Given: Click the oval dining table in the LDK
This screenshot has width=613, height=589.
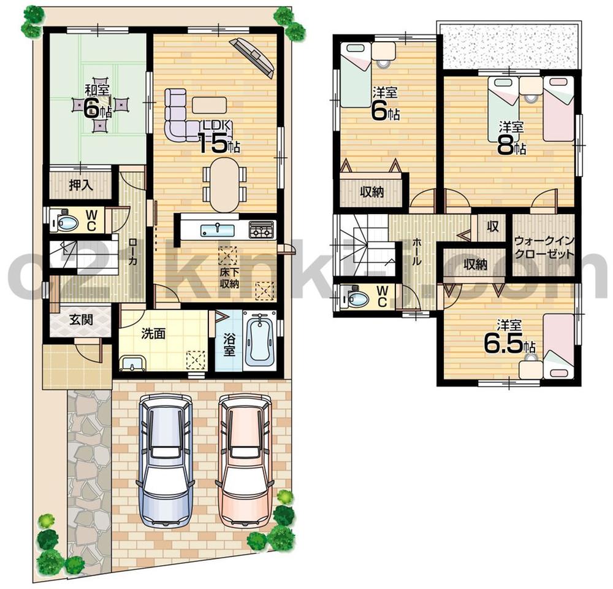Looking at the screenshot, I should tap(224, 184).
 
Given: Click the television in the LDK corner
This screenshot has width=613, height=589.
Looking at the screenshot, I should tap(253, 56).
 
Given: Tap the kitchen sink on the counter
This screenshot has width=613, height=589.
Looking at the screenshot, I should tap(218, 230).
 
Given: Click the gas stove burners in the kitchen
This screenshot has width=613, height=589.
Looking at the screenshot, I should tap(262, 230).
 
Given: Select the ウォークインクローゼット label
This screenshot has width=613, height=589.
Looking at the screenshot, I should tap(544, 247).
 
